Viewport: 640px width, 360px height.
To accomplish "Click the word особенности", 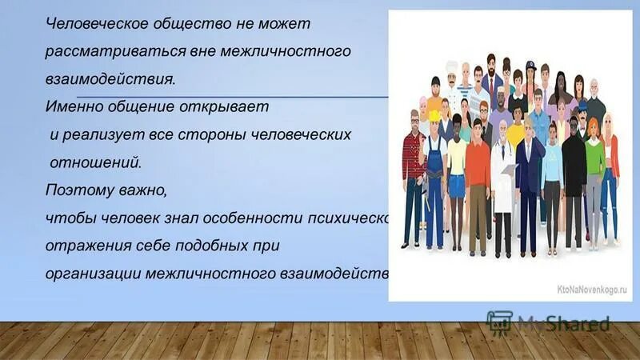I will tap(261, 218).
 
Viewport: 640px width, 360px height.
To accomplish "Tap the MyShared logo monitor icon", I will tap(499, 322).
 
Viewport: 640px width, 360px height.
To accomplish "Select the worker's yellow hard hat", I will tap(434, 116).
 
